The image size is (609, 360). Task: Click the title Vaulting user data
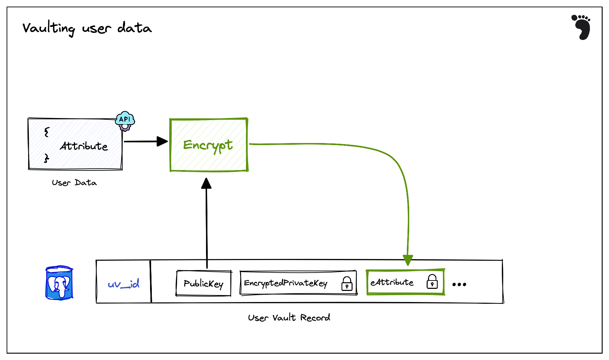(87, 28)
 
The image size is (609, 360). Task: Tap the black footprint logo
(582, 27)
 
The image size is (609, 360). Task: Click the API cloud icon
(125, 120)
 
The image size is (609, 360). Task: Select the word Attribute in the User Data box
(84, 146)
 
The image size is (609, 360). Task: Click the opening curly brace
(47, 132)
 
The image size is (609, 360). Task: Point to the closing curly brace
(47, 158)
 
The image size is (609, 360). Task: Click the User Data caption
(74, 183)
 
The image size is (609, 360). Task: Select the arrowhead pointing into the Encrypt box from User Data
(162, 141)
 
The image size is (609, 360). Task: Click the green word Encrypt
(208, 145)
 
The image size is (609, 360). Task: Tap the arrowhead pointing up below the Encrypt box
(206, 184)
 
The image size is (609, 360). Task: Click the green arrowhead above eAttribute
(408, 260)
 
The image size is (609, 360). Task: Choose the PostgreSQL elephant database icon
(59, 283)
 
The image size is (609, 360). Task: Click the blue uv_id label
(124, 284)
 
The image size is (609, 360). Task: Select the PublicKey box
(204, 284)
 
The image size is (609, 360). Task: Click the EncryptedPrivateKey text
(286, 283)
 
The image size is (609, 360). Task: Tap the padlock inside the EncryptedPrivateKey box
(347, 284)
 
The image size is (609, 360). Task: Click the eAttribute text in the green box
(392, 282)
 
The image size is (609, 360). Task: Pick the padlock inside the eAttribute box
(432, 282)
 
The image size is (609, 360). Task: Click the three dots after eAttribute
(459, 284)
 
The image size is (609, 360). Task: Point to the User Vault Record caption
(289, 318)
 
